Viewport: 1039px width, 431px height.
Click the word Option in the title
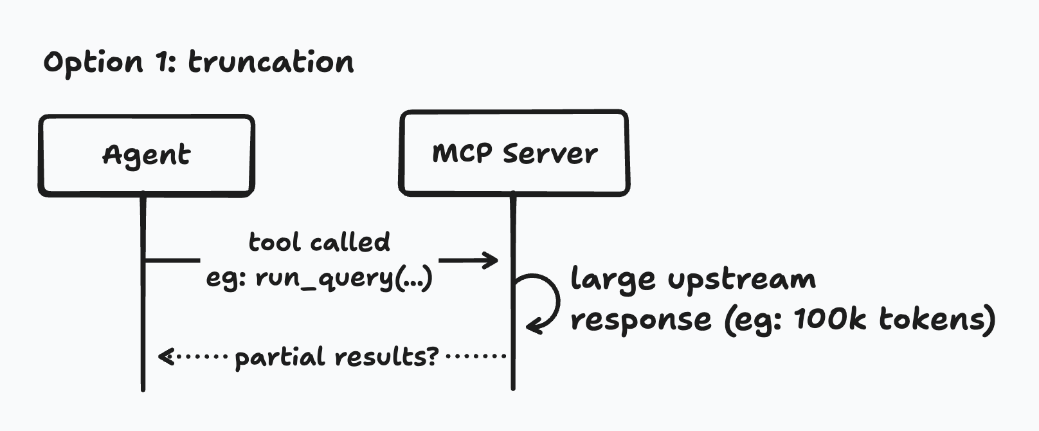tap(93, 63)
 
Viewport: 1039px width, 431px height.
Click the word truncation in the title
tap(271, 62)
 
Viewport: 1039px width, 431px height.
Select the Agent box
tap(147, 156)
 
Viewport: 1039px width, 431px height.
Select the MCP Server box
tap(514, 153)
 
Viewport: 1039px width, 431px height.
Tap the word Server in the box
tap(550, 153)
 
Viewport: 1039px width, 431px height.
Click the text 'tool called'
tap(320, 242)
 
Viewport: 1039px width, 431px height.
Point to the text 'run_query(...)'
tap(345, 279)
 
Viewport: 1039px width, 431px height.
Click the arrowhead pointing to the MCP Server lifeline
tap(492, 261)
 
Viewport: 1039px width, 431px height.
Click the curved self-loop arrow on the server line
tap(547, 301)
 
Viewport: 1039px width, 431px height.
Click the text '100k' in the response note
tap(829, 318)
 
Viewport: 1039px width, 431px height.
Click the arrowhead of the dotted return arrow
tap(165, 356)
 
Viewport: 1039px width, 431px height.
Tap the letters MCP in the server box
tap(462, 153)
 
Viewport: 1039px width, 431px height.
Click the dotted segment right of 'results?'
tap(476, 355)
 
